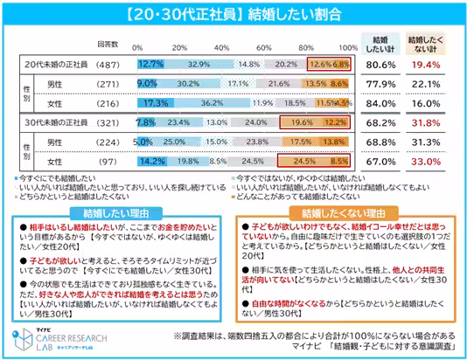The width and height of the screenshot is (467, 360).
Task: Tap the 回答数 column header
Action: (x=108, y=40)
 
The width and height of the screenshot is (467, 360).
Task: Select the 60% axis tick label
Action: (x=264, y=45)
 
